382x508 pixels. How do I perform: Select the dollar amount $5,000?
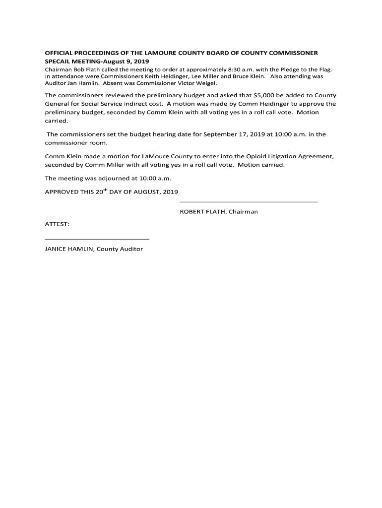pyautogui.click(x=262, y=95)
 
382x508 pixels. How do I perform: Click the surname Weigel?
pyautogui.click(x=206, y=83)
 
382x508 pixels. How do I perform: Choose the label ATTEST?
pyautogui.click(x=57, y=224)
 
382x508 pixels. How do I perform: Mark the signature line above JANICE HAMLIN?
pyautogui.click(x=97, y=239)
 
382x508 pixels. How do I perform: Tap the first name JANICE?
pyautogui.click(x=55, y=249)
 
